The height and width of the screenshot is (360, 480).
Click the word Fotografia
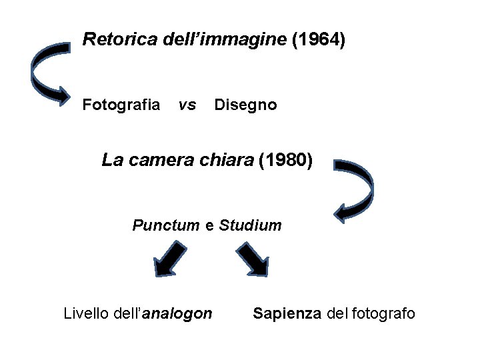121,105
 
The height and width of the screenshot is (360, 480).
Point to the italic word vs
187,105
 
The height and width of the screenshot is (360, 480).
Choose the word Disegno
245,105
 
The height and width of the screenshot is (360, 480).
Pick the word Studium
250,225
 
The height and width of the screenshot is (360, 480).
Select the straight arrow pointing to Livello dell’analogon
169,259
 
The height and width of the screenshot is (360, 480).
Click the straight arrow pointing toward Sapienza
253,259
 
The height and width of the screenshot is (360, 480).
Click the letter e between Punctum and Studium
209,226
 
